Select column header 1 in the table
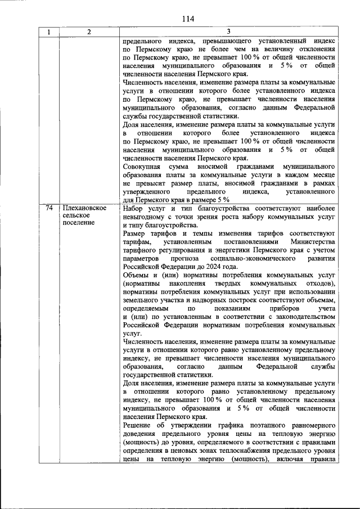[x=49, y=32]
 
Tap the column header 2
[x=89, y=32]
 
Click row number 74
[x=49, y=209]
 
